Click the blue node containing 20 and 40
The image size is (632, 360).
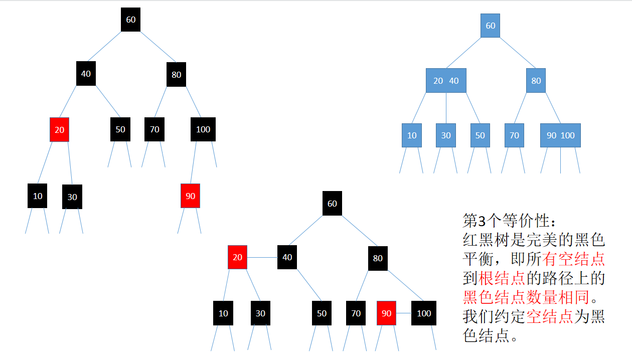click(446, 81)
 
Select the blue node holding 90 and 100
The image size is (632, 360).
click(560, 135)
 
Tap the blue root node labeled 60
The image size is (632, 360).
click(490, 26)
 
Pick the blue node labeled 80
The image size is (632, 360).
click(536, 81)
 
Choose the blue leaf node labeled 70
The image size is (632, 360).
click(514, 135)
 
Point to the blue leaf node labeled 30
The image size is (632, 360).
click(446, 135)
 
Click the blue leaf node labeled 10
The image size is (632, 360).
click(412, 135)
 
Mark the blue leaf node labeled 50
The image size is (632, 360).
click(480, 135)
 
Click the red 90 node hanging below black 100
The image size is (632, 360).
click(190, 196)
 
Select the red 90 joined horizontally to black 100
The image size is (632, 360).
click(386, 313)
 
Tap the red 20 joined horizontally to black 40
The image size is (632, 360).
click(237, 257)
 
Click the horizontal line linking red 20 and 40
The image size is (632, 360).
click(262, 257)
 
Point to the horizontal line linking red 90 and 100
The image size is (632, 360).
click(404, 313)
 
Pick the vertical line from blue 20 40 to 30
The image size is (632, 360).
click(446, 108)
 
